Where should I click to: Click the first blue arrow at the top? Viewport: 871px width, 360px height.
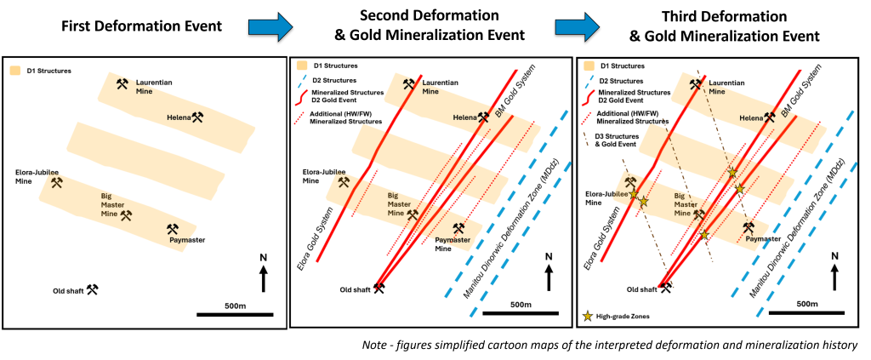click(270, 27)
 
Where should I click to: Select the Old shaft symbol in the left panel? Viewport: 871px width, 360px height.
click(92, 289)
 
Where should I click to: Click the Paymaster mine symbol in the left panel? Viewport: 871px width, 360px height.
click(172, 229)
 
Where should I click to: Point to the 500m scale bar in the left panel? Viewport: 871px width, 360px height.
click(235, 315)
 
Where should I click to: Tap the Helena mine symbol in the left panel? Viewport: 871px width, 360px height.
click(198, 117)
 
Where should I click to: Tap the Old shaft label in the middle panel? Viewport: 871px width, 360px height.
click(356, 289)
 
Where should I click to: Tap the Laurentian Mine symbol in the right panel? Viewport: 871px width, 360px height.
click(696, 84)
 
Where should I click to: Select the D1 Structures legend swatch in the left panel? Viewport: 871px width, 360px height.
click(14, 68)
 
